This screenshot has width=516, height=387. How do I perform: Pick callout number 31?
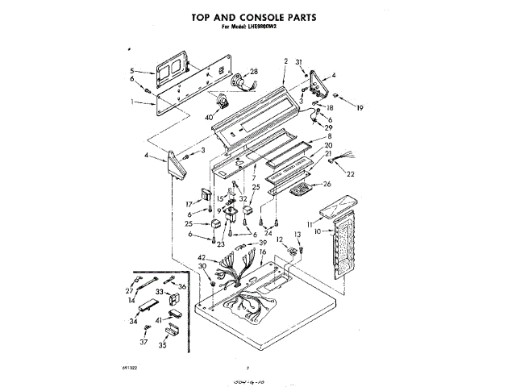point(298,62)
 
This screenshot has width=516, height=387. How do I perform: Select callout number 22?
point(351,173)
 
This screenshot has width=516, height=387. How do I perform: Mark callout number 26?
point(327,184)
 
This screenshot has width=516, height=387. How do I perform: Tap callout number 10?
point(318,231)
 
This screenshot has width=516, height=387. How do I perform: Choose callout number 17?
point(190,204)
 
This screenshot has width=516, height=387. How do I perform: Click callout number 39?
point(262,243)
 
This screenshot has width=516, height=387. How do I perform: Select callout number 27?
point(129,290)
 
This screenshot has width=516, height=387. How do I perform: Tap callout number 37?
point(144,341)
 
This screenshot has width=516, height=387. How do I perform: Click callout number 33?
point(160,291)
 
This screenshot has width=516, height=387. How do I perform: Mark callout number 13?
point(298,234)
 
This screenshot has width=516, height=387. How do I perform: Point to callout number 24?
point(268,232)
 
